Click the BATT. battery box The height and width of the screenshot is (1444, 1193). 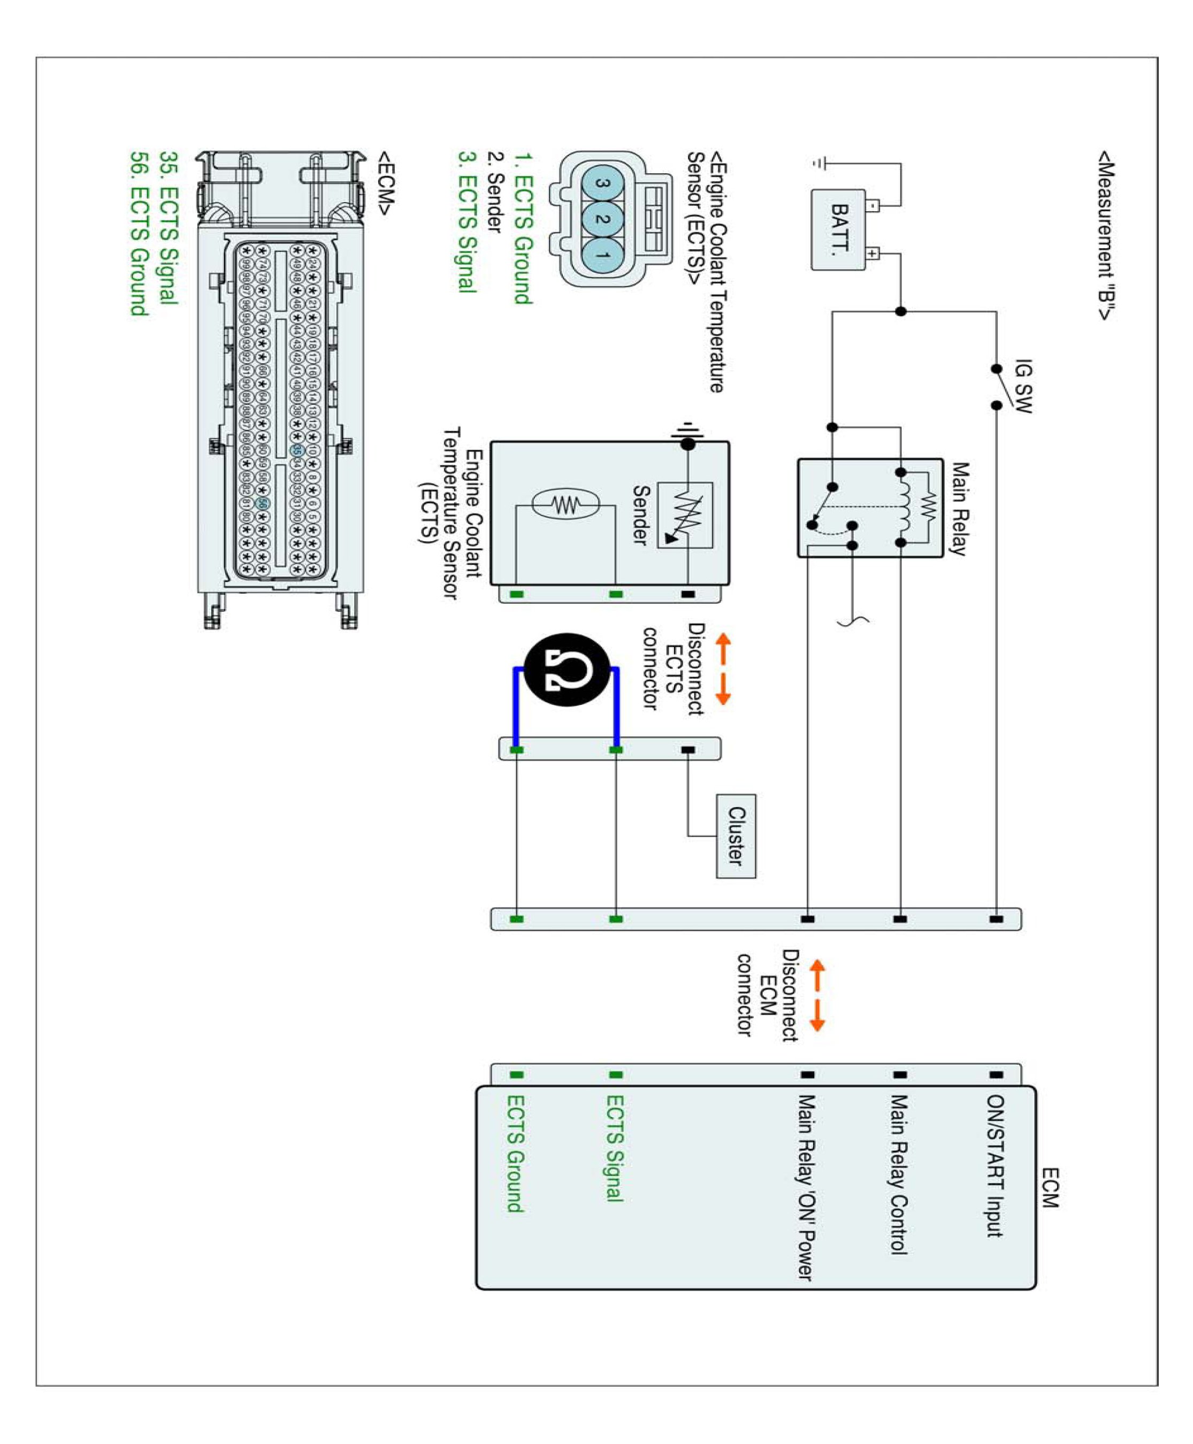pos(839,229)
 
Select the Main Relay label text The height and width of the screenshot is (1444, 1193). pos(959,509)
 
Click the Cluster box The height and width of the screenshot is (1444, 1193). pos(736,836)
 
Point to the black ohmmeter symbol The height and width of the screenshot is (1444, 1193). pos(567,669)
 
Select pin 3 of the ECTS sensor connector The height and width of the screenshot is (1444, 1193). pos(603,183)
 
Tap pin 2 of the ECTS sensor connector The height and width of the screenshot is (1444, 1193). pos(603,219)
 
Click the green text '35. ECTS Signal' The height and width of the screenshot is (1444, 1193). pos(169,227)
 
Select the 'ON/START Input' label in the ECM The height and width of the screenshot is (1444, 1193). pos(995,1166)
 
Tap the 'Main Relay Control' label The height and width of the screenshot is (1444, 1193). pos(899,1174)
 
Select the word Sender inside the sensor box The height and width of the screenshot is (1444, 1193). pos(640,515)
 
